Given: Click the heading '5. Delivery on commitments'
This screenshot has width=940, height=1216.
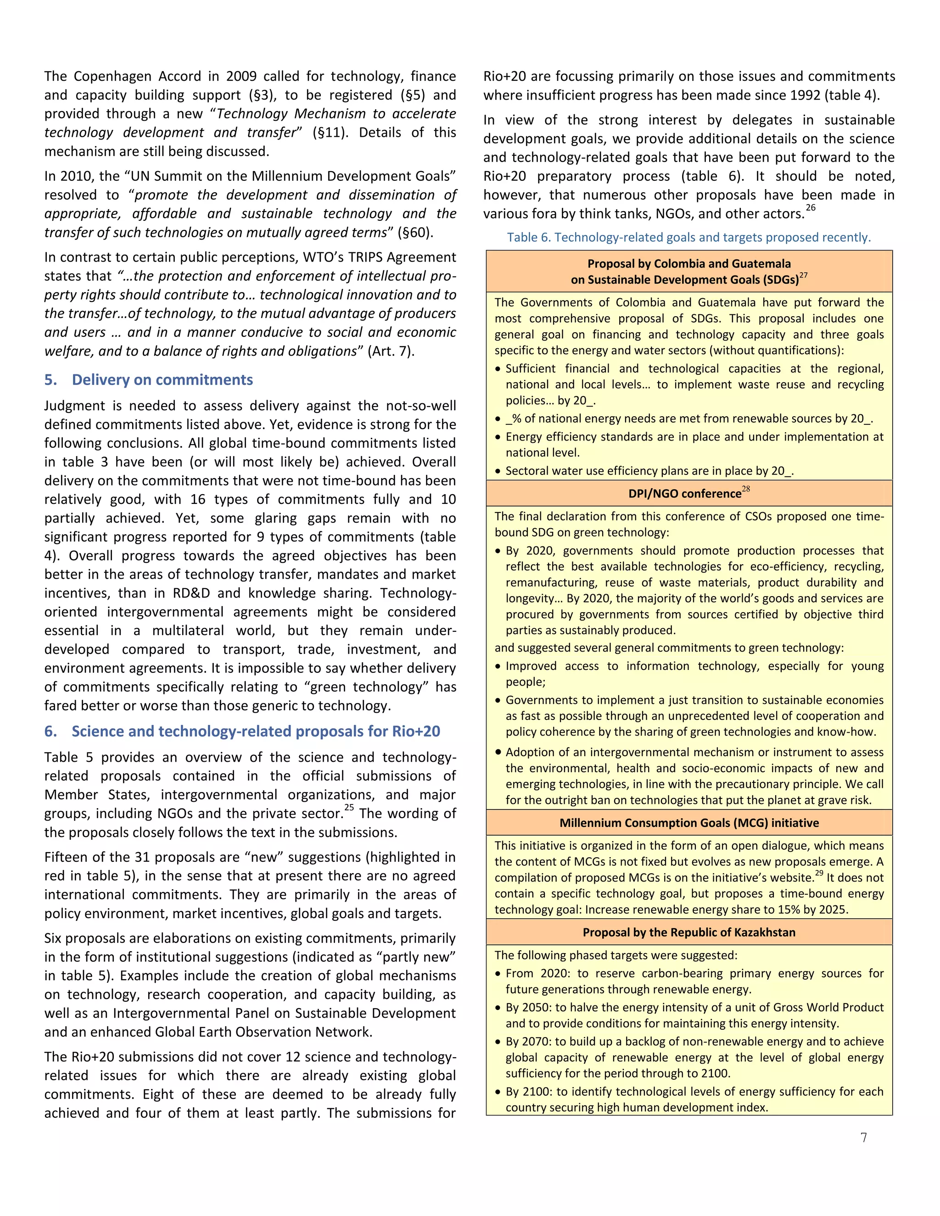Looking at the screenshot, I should (x=149, y=380).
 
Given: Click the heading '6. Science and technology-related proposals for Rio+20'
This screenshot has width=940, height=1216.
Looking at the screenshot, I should (x=242, y=731).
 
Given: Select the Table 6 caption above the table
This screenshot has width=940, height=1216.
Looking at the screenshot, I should (x=688, y=237).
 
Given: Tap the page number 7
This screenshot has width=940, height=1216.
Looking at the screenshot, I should (x=864, y=1138).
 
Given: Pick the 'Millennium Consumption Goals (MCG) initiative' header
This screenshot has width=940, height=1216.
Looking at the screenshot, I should (x=689, y=823).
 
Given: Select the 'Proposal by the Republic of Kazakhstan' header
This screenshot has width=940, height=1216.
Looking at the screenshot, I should (x=689, y=932).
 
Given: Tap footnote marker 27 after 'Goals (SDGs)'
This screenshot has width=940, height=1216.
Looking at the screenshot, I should (x=804, y=275).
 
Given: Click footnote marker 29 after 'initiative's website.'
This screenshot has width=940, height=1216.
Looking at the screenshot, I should (x=819, y=873).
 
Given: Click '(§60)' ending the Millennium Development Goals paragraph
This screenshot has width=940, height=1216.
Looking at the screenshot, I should (x=415, y=232).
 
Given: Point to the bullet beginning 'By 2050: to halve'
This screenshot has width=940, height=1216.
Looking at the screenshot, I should (x=694, y=1015).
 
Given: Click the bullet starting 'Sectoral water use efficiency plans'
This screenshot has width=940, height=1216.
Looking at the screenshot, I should (x=649, y=471).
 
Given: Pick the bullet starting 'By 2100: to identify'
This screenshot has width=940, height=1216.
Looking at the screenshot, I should (x=694, y=1099).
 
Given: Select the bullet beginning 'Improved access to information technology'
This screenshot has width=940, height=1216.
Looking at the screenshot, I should (x=694, y=674).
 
